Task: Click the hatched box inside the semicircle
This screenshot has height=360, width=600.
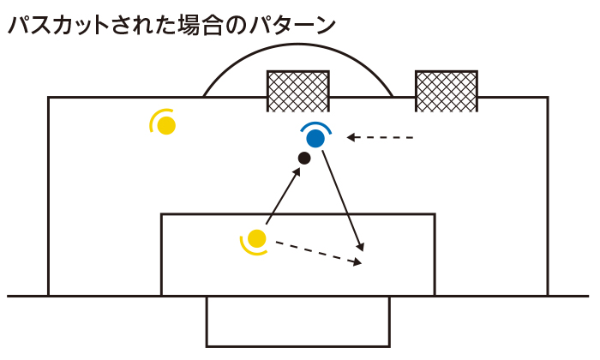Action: (298, 91)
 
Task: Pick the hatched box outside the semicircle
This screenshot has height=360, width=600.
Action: (446, 91)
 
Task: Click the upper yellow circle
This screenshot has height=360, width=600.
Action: (167, 125)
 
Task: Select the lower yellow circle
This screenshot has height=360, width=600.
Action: (257, 238)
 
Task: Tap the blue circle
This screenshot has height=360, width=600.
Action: (315, 137)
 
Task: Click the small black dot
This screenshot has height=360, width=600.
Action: (303, 158)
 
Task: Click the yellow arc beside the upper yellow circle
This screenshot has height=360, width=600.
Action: (153, 123)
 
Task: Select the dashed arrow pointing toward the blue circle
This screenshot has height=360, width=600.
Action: (382, 137)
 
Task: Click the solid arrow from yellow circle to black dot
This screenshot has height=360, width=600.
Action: (282, 198)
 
